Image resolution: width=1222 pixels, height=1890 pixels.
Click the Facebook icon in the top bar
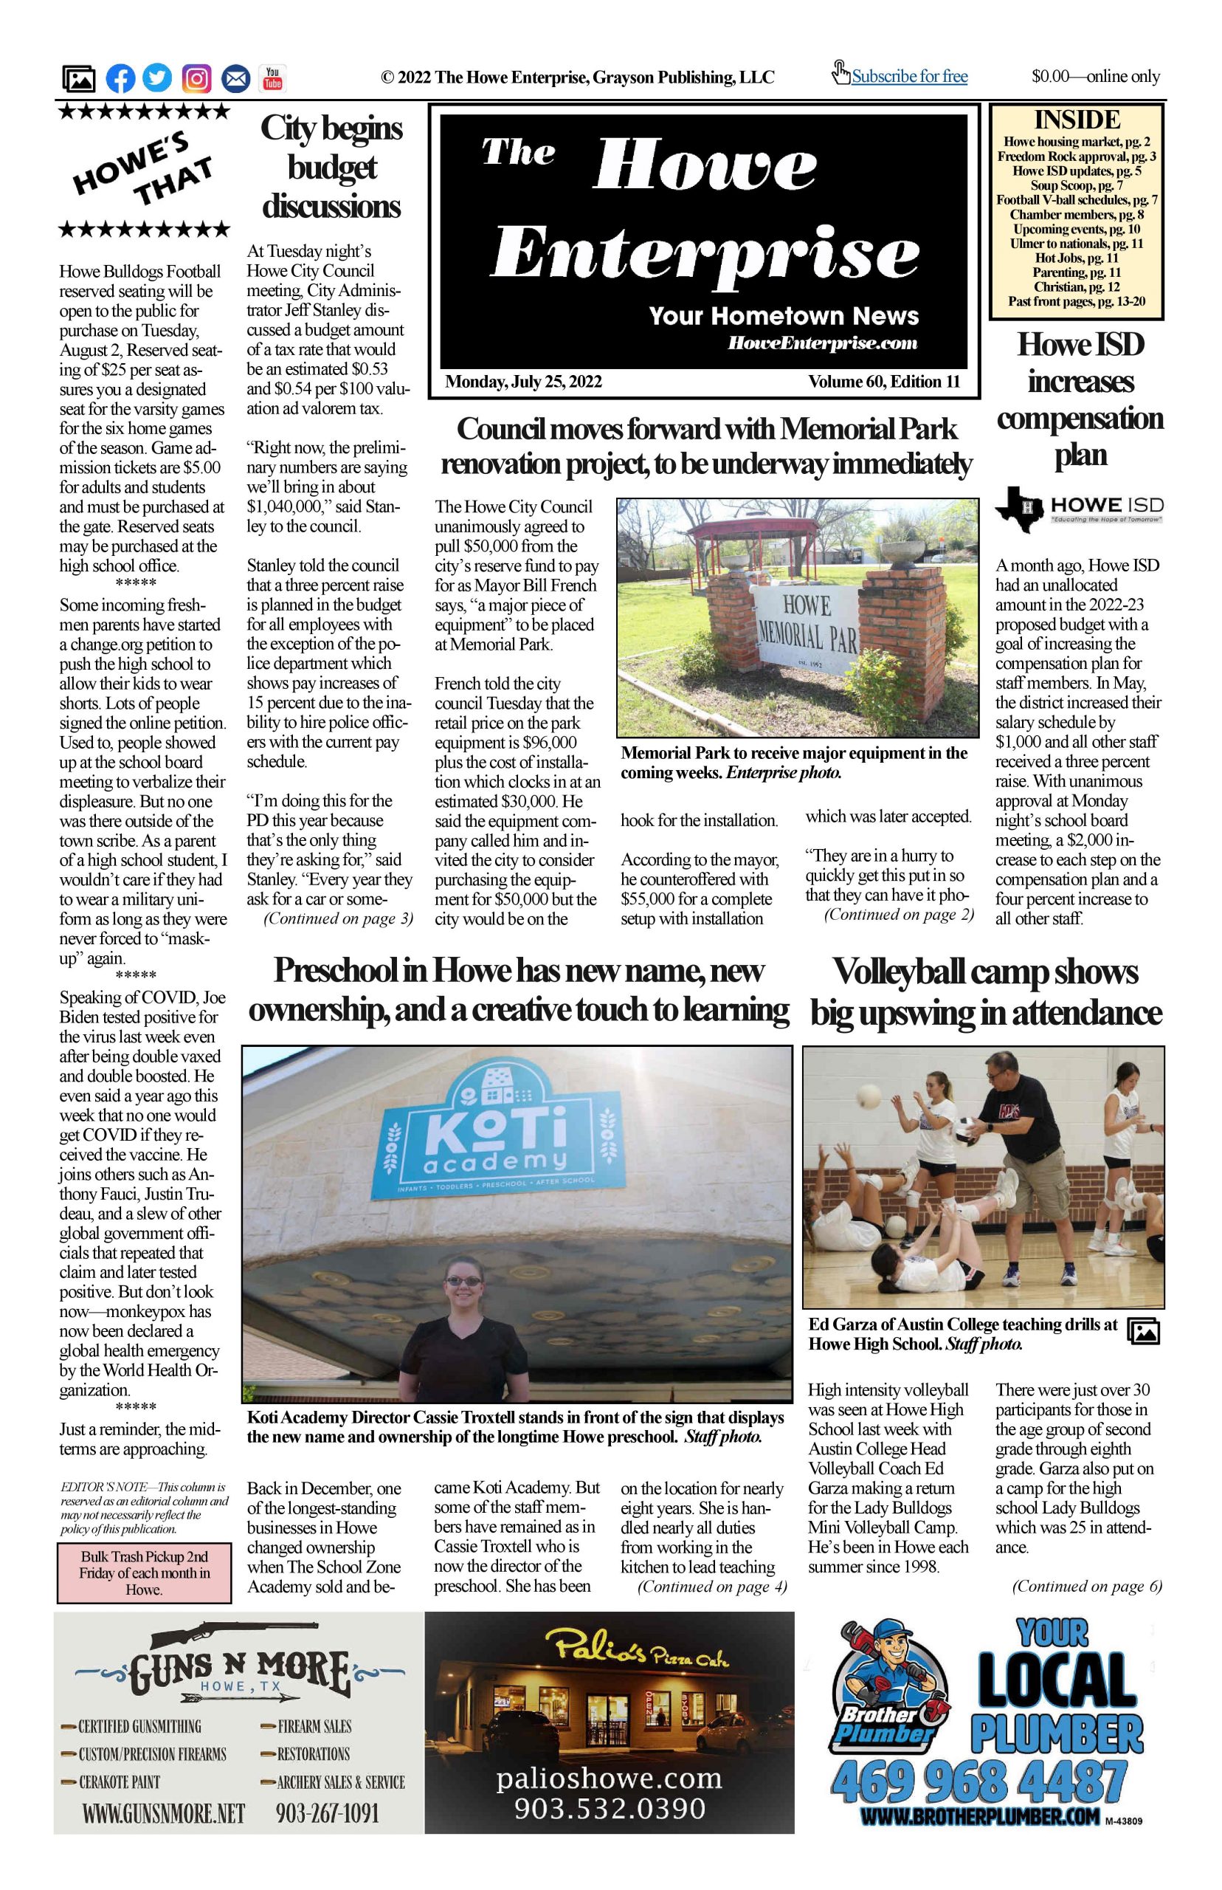click(x=120, y=78)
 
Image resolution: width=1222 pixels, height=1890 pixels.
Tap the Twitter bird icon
click(x=158, y=78)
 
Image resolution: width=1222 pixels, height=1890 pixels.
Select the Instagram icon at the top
click(x=197, y=78)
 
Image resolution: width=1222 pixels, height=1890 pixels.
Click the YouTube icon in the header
click(x=272, y=78)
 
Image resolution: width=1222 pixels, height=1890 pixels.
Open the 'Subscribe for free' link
click(x=908, y=77)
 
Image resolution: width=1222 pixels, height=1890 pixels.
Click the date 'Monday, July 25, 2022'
click(x=523, y=382)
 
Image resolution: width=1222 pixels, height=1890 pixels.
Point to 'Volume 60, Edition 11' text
click(x=883, y=382)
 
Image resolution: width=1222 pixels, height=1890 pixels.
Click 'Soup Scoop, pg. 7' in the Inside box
click(x=1076, y=185)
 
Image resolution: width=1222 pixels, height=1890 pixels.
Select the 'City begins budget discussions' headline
click(x=331, y=167)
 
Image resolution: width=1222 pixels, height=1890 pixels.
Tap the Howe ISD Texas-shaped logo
click(x=1020, y=509)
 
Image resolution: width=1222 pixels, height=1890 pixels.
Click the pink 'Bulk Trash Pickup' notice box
click(x=144, y=1573)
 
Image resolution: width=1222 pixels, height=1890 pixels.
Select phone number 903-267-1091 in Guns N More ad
click(x=327, y=1813)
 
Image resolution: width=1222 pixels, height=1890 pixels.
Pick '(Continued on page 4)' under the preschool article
click(x=712, y=1587)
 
